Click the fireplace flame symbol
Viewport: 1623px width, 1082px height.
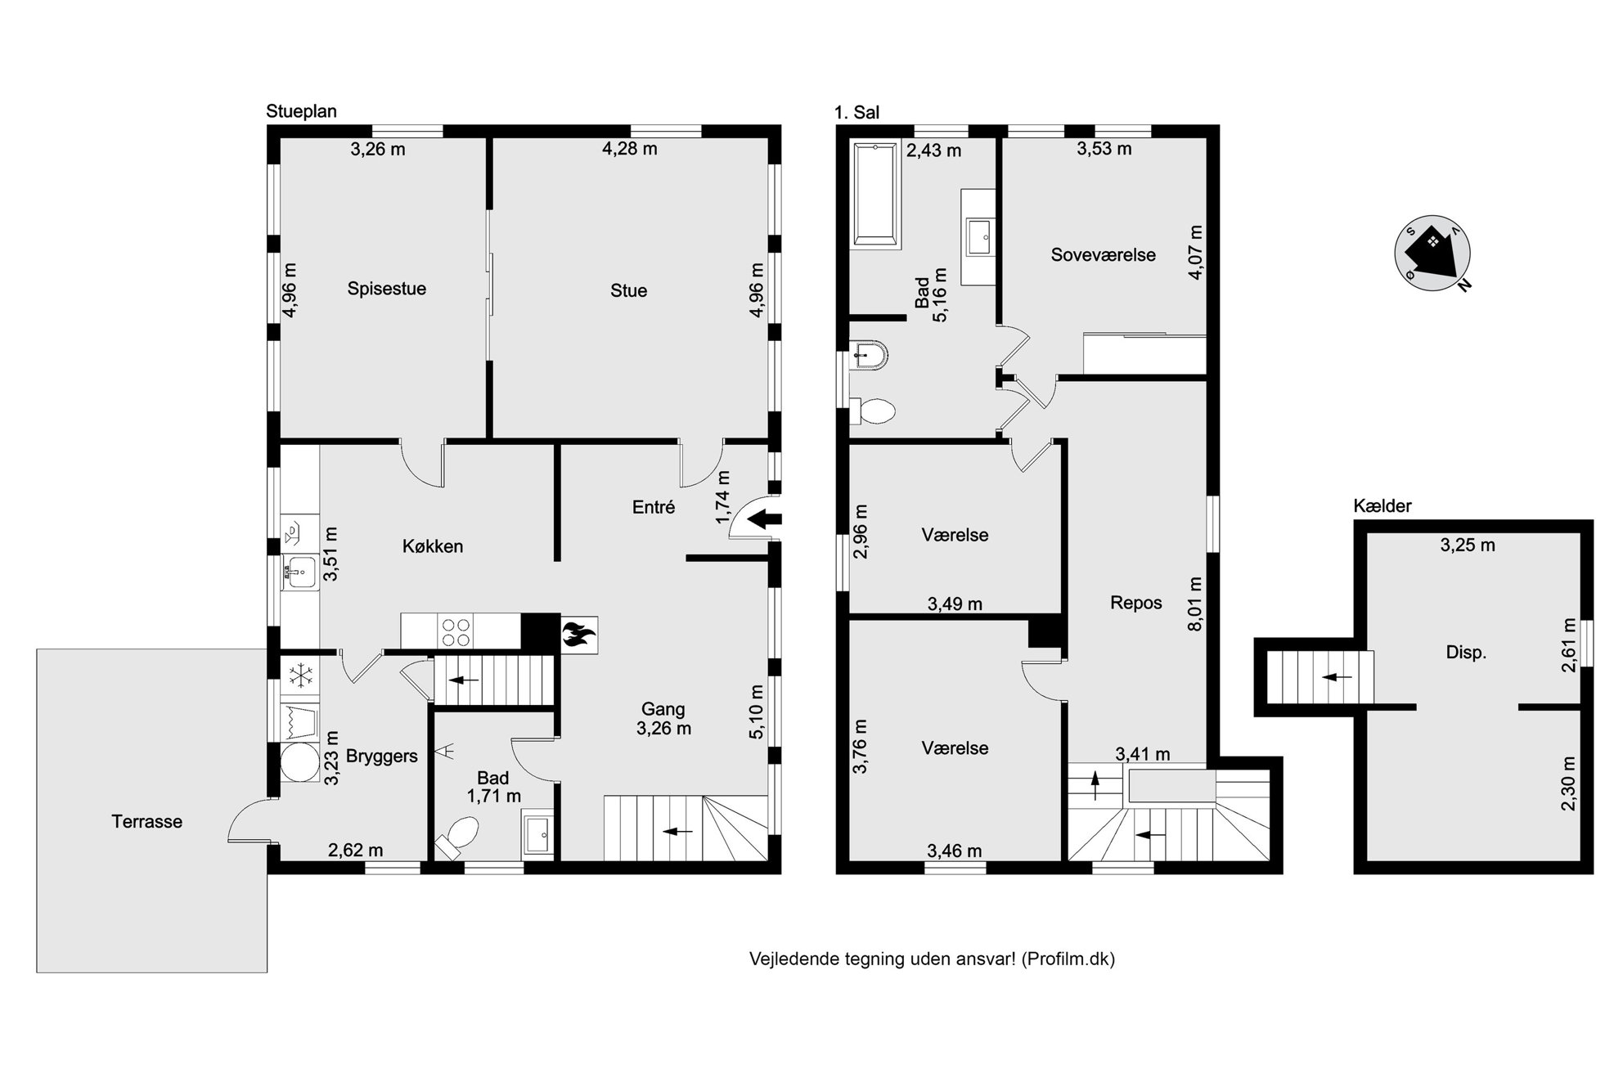coord(579,635)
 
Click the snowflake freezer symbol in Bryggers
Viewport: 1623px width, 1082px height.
coord(300,676)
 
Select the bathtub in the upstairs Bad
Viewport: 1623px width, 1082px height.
coord(877,195)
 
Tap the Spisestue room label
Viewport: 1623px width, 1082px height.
coord(387,289)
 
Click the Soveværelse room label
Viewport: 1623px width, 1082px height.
coord(1103,255)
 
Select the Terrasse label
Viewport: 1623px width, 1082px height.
coord(147,822)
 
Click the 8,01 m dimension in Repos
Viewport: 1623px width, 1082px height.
coord(1195,604)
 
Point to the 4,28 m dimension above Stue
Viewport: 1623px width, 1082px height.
coord(630,149)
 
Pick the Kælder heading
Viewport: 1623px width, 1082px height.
coord(1382,506)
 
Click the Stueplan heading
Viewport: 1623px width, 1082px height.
coord(301,111)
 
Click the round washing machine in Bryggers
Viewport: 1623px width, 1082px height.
coord(299,763)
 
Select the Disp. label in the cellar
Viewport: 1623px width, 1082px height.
coord(1466,653)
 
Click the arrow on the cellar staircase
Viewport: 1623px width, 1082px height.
coord(1337,677)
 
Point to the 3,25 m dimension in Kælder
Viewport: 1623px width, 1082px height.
coord(1468,545)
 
